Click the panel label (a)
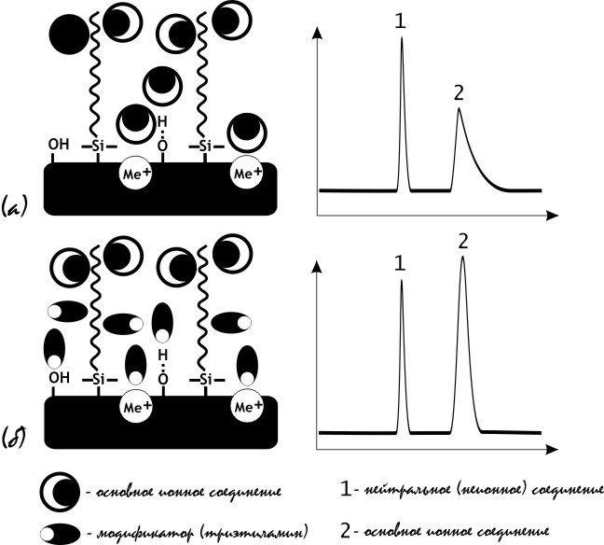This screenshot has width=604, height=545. click(x=17, y=203)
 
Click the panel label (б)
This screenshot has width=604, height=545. click(x=18, y=435)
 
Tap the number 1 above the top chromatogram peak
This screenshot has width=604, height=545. click(x=400, y=21)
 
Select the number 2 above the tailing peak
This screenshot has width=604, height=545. click(x=458, y=92)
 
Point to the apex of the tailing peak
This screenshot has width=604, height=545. click(x=459, y=109)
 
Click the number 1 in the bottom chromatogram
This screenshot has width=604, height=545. click(x=400, y=264)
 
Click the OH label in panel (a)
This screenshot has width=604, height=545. click(x=59, y=146)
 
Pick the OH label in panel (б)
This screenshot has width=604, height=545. click(x=59, y=379)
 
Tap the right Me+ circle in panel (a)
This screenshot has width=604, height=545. click(x=246, y=173)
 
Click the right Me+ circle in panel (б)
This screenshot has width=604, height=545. click(x=246, y=407)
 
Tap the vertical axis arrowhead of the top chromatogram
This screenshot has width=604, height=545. click(x=319, y=32)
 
